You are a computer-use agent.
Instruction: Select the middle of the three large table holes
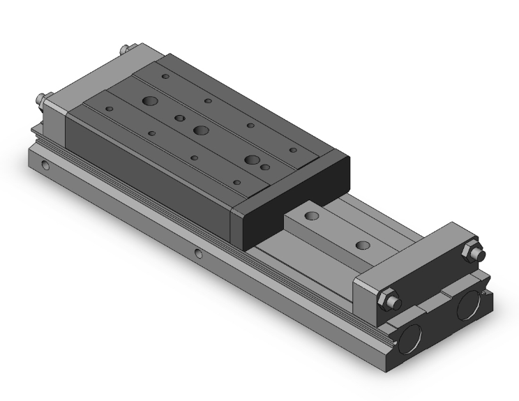click(202, 130)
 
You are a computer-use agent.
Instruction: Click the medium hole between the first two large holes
click(179, 117)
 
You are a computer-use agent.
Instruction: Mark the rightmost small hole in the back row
click(292, 149)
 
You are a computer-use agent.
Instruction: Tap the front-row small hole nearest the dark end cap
click(237, 183)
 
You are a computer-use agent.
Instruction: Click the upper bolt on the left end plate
click(123, 50)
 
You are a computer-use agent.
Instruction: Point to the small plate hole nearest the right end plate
click(362, 245)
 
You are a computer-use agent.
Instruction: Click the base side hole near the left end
click(45, 166)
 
